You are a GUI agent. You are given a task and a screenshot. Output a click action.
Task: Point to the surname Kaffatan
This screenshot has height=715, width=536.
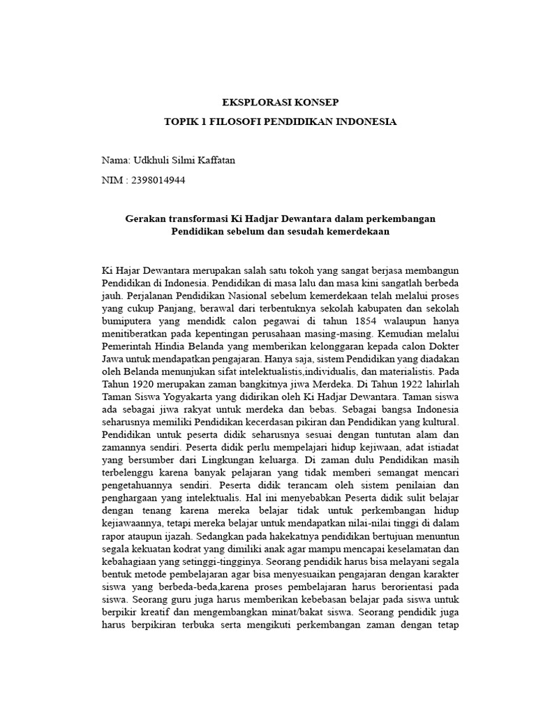point(214,161)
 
